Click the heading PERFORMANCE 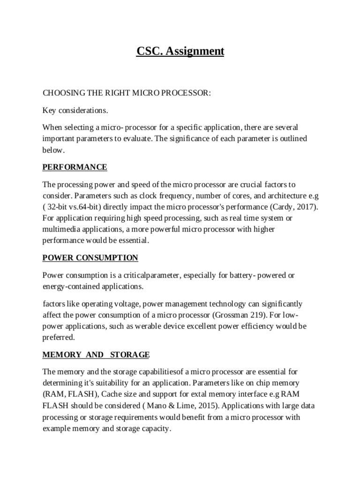[75, 167]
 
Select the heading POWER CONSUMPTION [90, 258]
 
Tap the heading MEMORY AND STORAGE [96, 355]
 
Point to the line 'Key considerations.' [75, 111]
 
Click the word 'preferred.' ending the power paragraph [59, 337]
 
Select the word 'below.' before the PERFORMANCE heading [53, 150]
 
